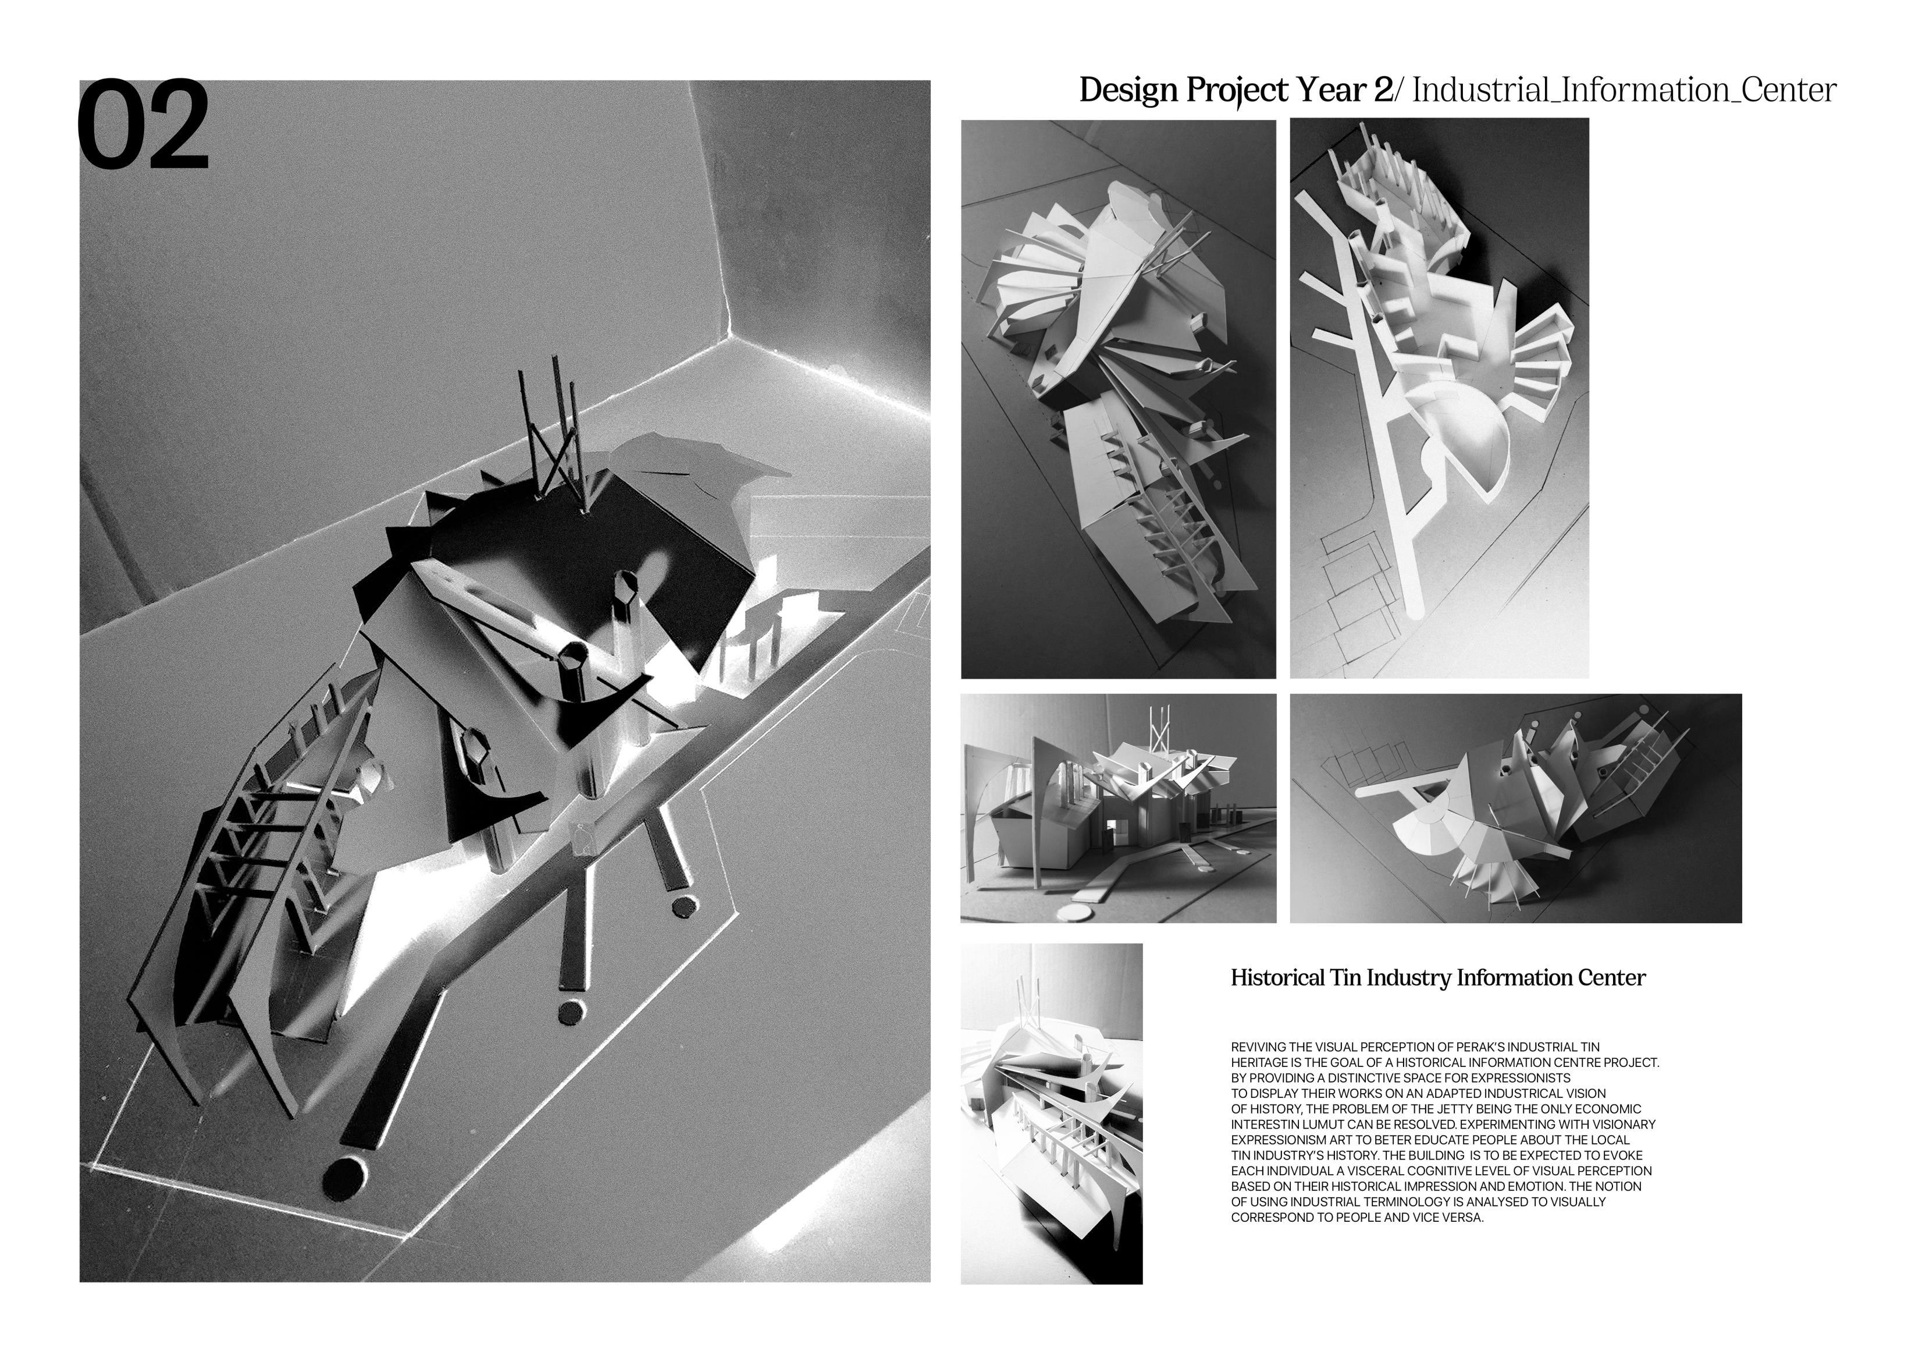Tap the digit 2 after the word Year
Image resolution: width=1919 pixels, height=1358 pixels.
[1383, 90]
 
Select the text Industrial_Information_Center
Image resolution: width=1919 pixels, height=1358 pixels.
[1624, 90]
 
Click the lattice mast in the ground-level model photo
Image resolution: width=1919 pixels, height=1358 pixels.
[1159, 729]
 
